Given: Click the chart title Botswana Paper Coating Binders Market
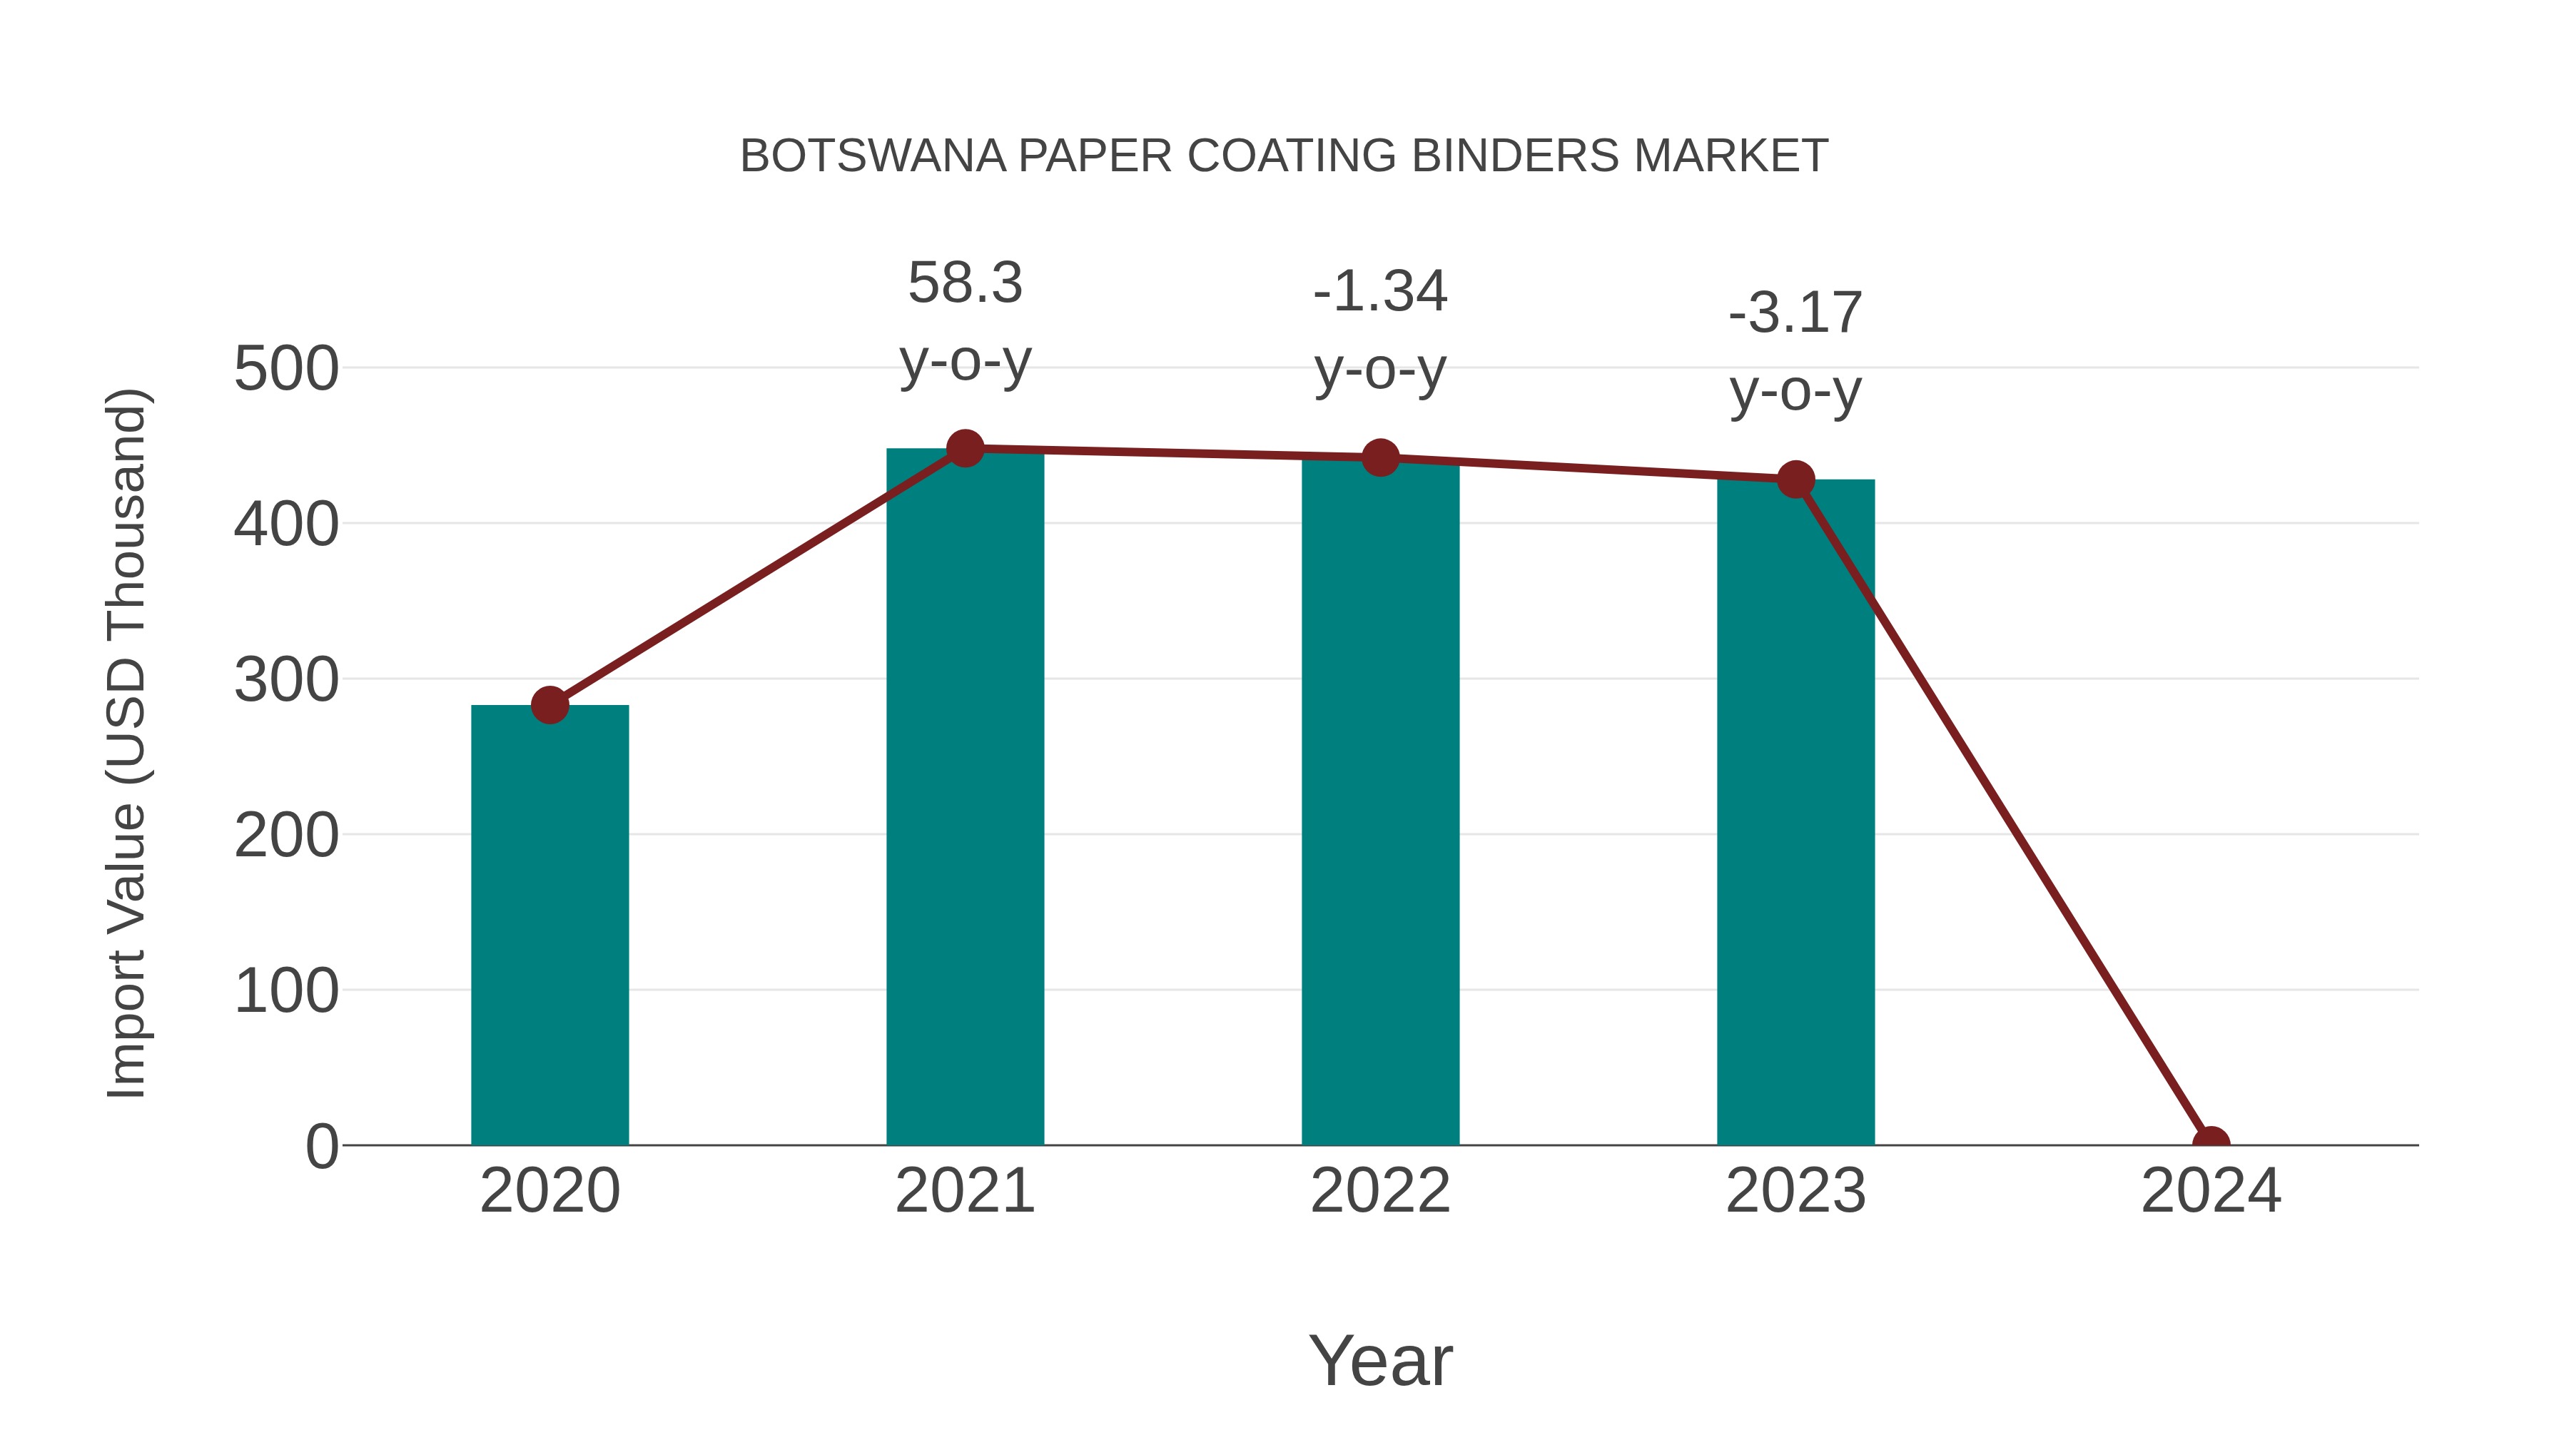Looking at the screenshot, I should point(1284,156).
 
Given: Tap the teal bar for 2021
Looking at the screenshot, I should point(964,798).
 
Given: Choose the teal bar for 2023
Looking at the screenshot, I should point(1795,812).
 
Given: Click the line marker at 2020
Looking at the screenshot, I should point(549,705).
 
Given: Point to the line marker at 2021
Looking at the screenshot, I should point(964,449).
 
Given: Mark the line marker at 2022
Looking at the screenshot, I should point(1380,457).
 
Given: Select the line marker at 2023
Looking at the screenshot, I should point(1795,480).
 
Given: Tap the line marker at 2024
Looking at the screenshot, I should point(2210,1143).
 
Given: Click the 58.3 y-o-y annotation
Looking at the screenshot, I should point(964,321).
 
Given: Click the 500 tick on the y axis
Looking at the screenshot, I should point(286,369).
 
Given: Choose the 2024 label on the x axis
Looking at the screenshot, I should point(2210,1191).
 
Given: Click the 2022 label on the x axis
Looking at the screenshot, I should point(1380,1191).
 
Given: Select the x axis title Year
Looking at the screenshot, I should point(1380,1360).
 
